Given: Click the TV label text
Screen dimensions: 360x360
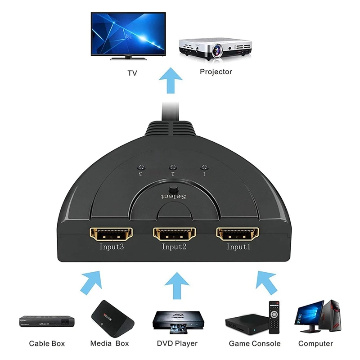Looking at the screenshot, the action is pos(132,72).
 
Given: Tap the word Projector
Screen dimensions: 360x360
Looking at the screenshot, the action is pos(216,72).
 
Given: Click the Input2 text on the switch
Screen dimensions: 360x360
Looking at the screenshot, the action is pos(174,247).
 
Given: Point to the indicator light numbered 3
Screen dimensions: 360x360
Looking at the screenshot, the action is pos(140,166).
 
